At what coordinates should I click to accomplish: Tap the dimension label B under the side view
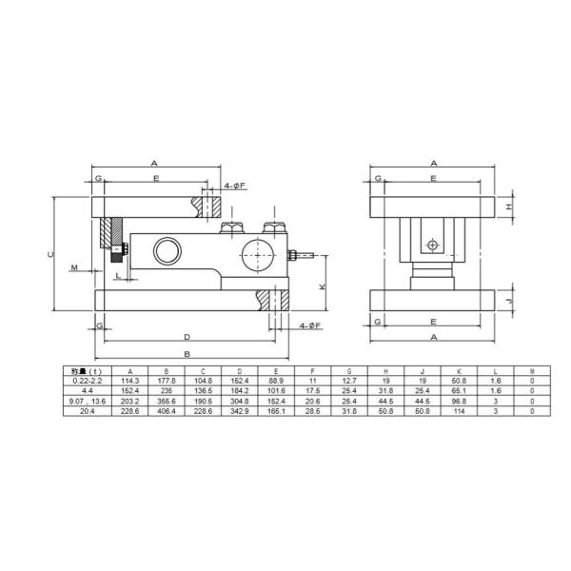pos(187,353)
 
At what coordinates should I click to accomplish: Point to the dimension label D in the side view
pos(187,336)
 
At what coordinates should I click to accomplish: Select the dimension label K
pos(322,286)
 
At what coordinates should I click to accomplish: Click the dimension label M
pos(73,267)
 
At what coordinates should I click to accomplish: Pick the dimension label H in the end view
pos(509,206)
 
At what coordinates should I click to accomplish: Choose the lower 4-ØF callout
pos(308,325)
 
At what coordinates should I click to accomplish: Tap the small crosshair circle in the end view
pos(433,245)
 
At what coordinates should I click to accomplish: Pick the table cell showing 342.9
pos(240,410)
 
